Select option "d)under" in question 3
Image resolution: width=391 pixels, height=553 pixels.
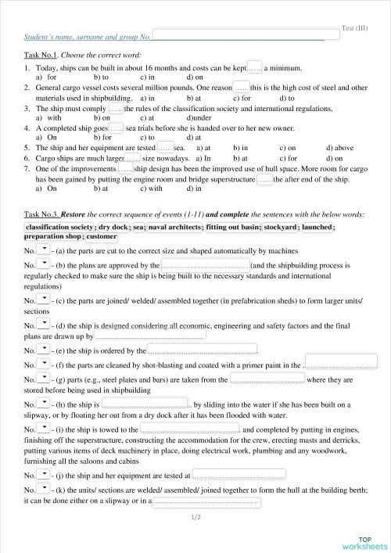click(x=201, y=117)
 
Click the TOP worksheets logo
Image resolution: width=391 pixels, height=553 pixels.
click(x=364, y=542)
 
